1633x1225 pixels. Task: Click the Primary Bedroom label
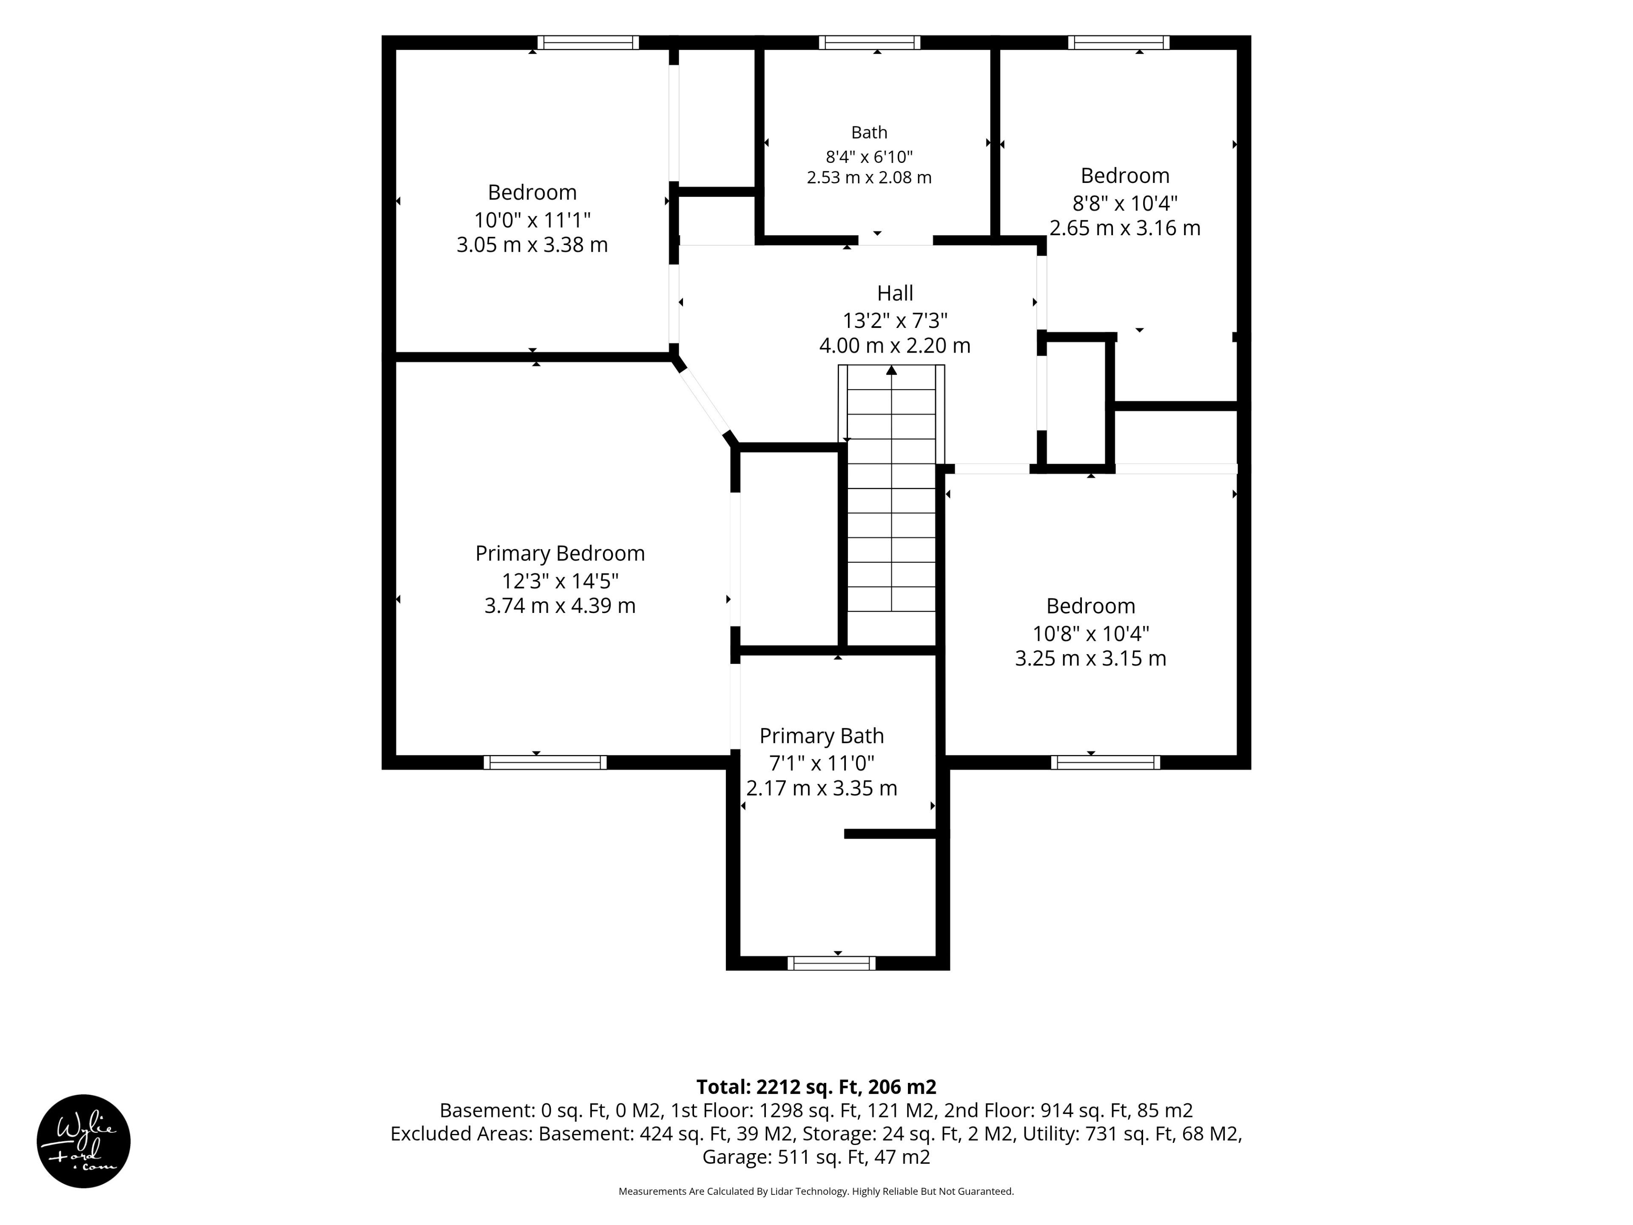[560, 554]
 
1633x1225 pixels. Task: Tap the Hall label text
[895, 293]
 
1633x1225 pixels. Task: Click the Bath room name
[869, 132]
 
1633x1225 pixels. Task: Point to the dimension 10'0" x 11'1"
[532, 220]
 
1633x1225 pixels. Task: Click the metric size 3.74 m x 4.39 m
[560, 606]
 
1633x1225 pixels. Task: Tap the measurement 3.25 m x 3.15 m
[1090, 658]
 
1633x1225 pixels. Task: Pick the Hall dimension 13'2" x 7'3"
[895, 320]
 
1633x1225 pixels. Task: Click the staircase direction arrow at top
[892, 370]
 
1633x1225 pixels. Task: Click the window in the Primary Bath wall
[831, 963]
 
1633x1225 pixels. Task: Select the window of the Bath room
[870, 42]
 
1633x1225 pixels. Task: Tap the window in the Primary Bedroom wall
[545, 762]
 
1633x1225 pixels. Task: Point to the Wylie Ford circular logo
[83, 1141]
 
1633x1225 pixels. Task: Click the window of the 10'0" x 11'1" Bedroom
[588, 42]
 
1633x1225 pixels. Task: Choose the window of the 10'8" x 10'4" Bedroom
[1105, 762]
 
